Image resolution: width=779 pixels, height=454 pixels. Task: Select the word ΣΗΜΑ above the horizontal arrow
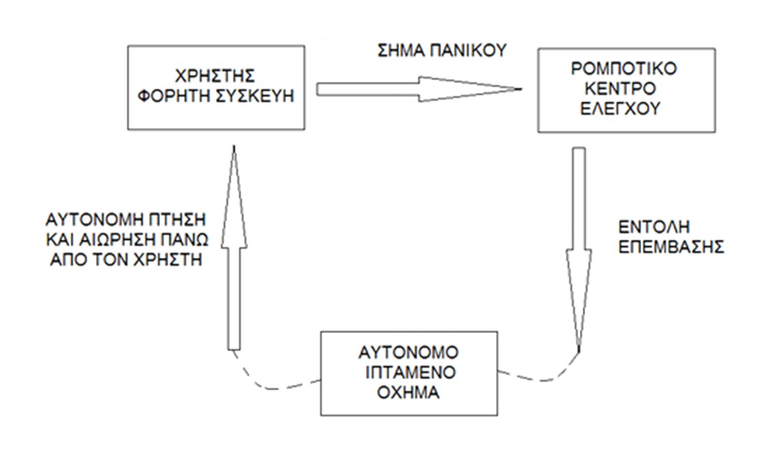pyautogui.click(x=396, y=52)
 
